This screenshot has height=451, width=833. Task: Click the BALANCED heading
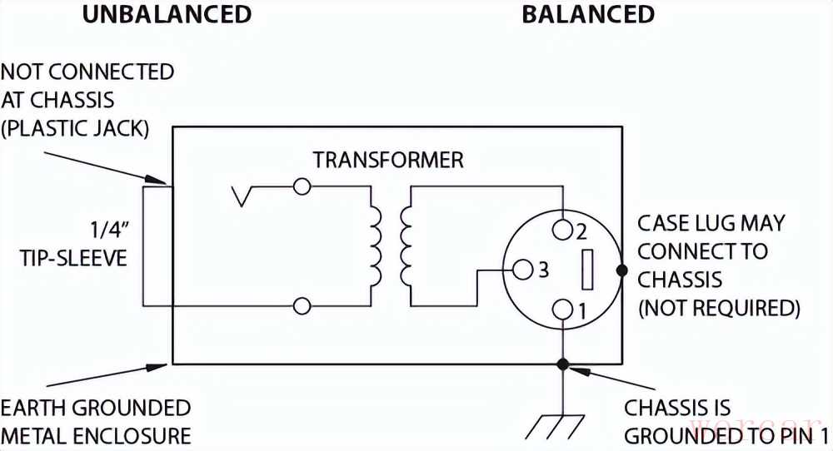(x=588, y=14)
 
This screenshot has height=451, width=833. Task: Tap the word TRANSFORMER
(x=387, y=160)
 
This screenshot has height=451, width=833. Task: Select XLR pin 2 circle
(x=563, y=229)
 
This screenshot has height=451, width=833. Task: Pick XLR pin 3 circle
(x=523, y=270)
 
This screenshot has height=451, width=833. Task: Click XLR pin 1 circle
(x=563, y=310)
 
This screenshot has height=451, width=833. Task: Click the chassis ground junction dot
(x=563, y=364)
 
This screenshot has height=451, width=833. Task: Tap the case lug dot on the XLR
(x=621, y=270)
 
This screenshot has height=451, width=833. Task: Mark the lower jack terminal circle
(x=302, y=307)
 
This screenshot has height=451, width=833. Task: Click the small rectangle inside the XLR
(x=586, y=270)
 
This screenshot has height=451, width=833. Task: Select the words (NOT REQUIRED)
(x=719, y=308)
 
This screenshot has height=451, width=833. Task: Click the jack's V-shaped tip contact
(x=244, y=196)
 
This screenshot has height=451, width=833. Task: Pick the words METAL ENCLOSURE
(x=97, y=435)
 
